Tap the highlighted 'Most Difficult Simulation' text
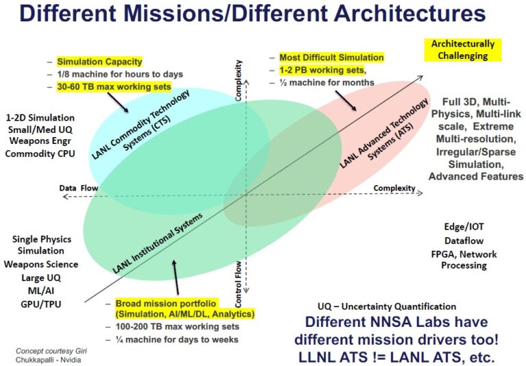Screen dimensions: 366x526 click(x=331, y=58)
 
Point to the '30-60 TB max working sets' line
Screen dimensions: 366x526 click(x=114, y=86)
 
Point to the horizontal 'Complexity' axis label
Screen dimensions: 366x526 click(x=394, y=188)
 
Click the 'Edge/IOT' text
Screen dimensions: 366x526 click(x=464, y=226)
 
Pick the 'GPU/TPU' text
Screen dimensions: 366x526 click(x=38, y=300)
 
